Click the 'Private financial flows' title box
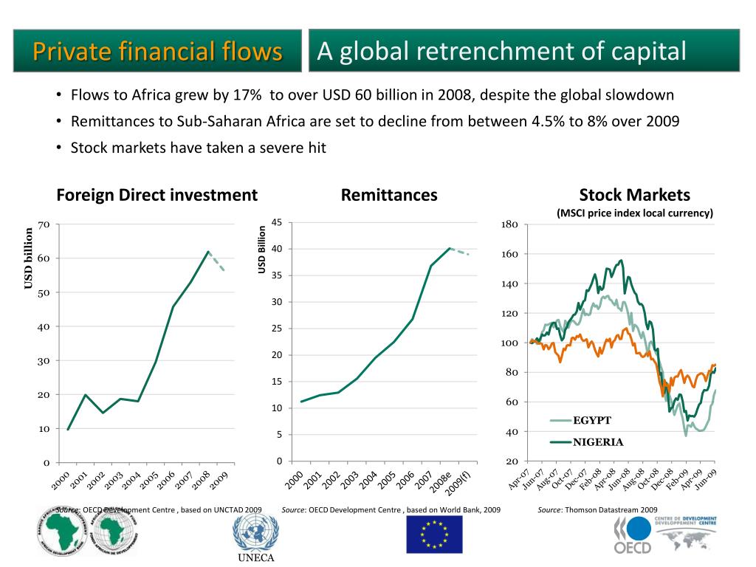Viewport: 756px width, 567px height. [x=157, y=52]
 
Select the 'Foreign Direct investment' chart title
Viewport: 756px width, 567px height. [x=157, y=195]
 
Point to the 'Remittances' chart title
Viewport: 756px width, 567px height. [x=389, y=195]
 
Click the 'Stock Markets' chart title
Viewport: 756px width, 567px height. [x=634, y=195]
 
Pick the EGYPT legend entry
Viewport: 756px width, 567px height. [x=592, y=421]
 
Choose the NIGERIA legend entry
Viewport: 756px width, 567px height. [x=598, y=442]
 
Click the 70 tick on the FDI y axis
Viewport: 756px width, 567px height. [x=44, y=224]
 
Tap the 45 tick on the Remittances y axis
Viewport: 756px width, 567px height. [x=277, y=223]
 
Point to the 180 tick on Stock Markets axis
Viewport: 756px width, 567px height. [x=509, y=224]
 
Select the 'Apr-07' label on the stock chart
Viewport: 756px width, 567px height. [x=519, y=478]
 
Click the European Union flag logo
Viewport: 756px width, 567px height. [x=434, y=535]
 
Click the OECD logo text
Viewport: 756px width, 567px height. [x=633, y=548]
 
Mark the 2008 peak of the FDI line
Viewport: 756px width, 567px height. [x=208, y=252]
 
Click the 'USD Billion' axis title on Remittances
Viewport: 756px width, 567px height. [x=262, y=249]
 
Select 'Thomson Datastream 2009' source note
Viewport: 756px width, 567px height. [x=611, y=509]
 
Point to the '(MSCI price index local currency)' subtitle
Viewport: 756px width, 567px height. [x=634, y=213]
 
